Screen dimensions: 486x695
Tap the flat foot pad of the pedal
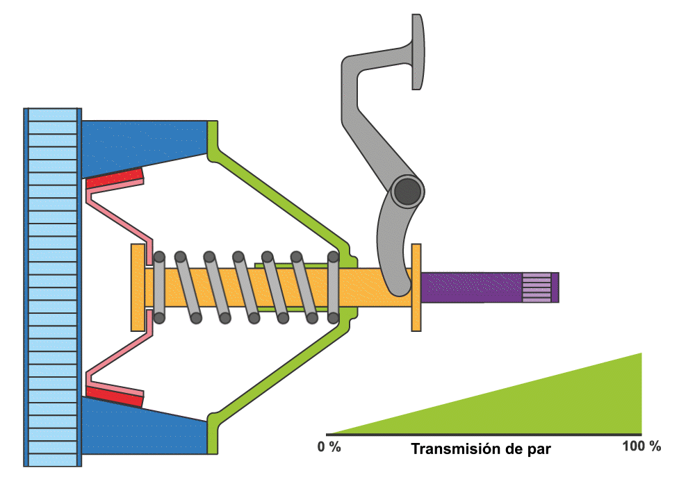417,52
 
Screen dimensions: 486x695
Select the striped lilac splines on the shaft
536,287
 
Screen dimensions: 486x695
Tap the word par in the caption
539,450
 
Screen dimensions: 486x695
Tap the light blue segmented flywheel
53,286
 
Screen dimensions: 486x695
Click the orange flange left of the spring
138,287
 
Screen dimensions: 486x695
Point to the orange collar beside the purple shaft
416,287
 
